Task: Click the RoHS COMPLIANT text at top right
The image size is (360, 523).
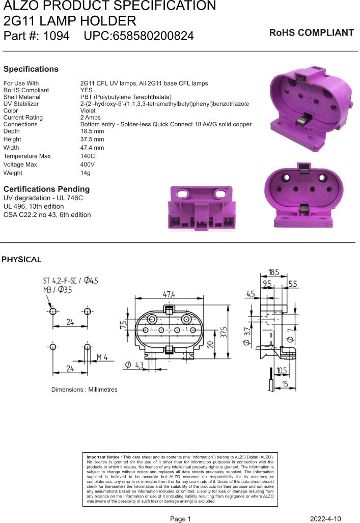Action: [311, 33]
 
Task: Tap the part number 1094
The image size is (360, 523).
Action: [56, 36]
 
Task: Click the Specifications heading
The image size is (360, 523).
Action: [31, 69]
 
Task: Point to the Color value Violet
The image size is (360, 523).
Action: [88, 111]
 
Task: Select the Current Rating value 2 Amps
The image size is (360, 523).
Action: [92, 118]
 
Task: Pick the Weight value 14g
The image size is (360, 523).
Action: [86, 173]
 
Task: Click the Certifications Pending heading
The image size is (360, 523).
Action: [46, 189]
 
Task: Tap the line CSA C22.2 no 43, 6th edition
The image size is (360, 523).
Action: [47, 215]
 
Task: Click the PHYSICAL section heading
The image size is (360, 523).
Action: [21, 260]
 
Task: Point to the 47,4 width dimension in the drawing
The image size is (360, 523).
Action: [169, 295]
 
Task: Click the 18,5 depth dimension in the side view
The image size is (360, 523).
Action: [274, 272]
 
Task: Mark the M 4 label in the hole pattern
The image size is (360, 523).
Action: [102, 356]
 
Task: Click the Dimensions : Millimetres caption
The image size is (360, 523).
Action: [84, 390]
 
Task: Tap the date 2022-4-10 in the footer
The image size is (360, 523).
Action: [325, 519]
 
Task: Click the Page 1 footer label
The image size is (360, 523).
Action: [180, 519]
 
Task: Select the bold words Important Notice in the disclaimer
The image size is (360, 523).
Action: [104, 457]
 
